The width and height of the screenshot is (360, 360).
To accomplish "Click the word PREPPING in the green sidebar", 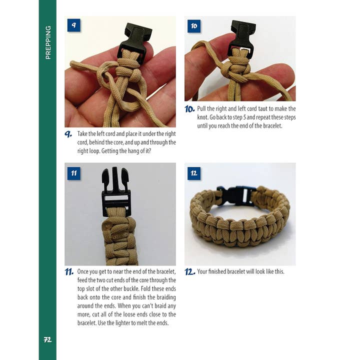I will coord(48,42).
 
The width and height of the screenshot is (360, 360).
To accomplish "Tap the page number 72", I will coord(48,339).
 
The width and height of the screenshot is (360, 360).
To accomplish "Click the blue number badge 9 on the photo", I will coord(74,25).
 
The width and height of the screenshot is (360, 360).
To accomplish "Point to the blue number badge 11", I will coord(74,173).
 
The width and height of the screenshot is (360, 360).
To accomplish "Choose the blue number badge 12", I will coord(193,173).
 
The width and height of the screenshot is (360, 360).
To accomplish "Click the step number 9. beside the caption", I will coord(68,134).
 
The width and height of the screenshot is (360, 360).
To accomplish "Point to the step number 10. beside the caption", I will coord(189,109).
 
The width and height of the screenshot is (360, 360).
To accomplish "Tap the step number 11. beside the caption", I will coord(69,272).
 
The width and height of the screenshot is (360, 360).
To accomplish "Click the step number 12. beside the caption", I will coord(190,272).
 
